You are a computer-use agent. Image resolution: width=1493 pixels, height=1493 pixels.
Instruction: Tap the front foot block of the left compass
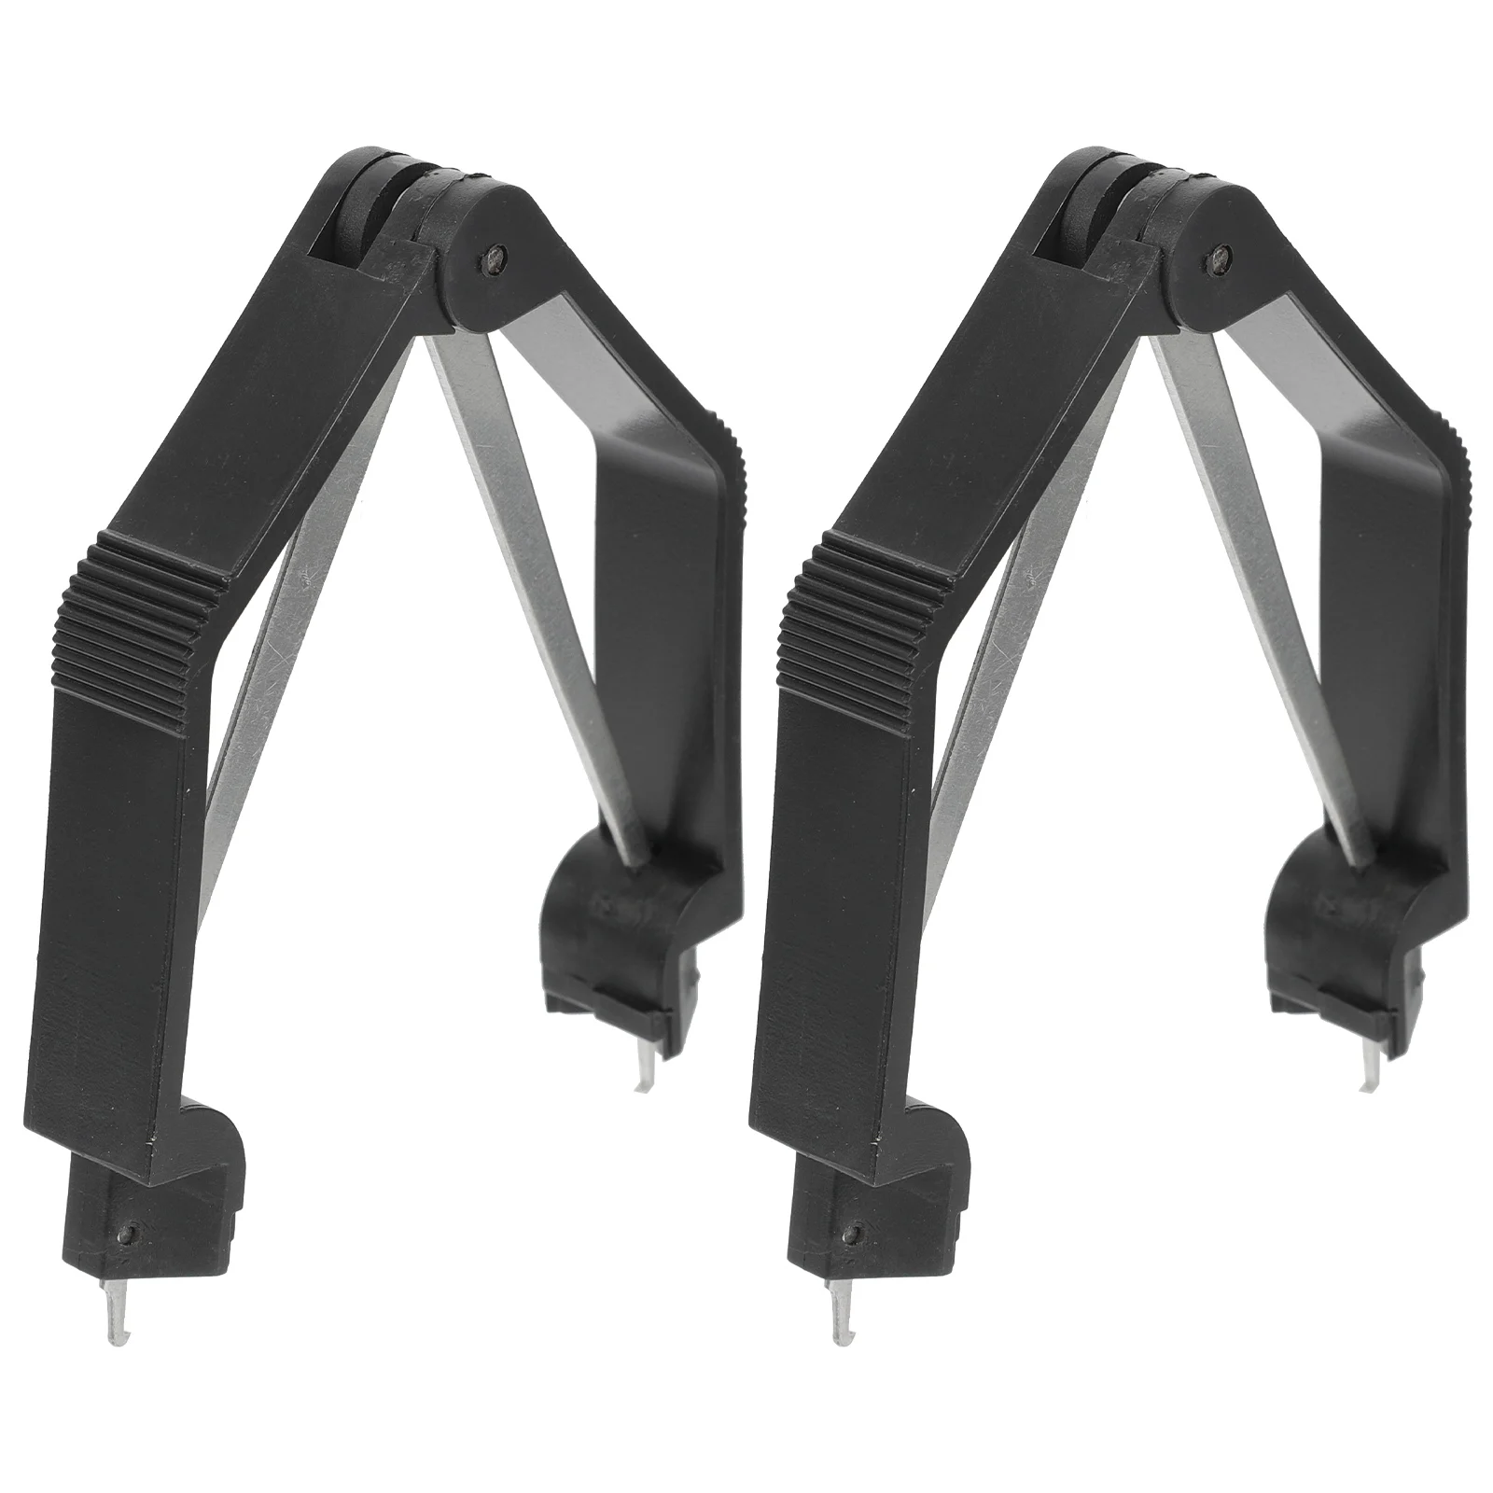pos(159,1204)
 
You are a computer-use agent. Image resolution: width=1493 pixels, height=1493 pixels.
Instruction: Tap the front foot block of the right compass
pos(882,1204)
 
